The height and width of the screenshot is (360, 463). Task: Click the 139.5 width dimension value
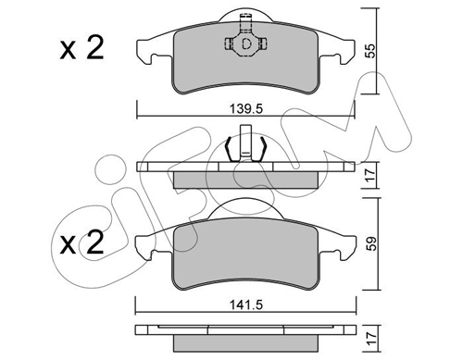(245, 108)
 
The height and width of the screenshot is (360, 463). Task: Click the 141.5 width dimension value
(245, 305)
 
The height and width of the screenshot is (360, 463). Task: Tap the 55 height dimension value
(370, 51)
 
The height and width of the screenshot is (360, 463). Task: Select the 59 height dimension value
(370, 243)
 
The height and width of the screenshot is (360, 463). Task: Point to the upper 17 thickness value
(370, 175)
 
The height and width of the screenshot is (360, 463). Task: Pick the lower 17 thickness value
(371, 339)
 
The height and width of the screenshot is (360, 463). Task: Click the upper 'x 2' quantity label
(81, 49)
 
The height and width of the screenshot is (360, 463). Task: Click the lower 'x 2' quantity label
(81, 243)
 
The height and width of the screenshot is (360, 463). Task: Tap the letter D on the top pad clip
(246, 44)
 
